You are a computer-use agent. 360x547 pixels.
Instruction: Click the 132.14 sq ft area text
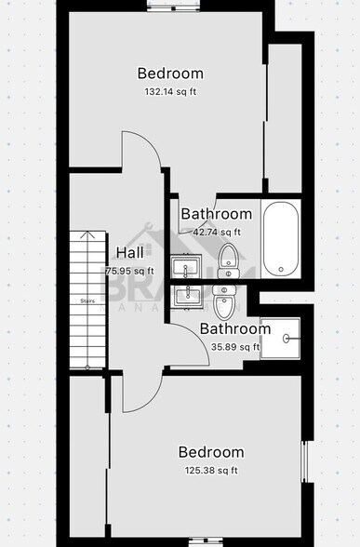point(170,92)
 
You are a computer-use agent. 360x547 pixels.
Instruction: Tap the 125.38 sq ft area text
point(211,471)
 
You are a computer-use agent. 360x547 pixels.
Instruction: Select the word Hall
point(129,252)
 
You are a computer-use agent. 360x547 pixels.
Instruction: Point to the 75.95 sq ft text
point(129,271)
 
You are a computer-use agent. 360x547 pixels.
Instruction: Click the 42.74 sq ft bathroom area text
point(216,233)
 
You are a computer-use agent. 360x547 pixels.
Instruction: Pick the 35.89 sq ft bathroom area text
point(235,347)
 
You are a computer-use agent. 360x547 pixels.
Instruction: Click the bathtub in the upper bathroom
point(280,239)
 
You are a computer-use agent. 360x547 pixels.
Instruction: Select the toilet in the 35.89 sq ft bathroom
point(223,301)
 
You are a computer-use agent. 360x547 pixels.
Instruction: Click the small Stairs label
point(88,300)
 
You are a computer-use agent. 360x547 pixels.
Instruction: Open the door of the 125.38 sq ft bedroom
point(140,391)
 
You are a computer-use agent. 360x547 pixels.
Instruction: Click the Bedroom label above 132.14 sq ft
point(170,73)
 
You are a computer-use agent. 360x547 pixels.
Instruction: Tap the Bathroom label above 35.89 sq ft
point(235,328)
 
